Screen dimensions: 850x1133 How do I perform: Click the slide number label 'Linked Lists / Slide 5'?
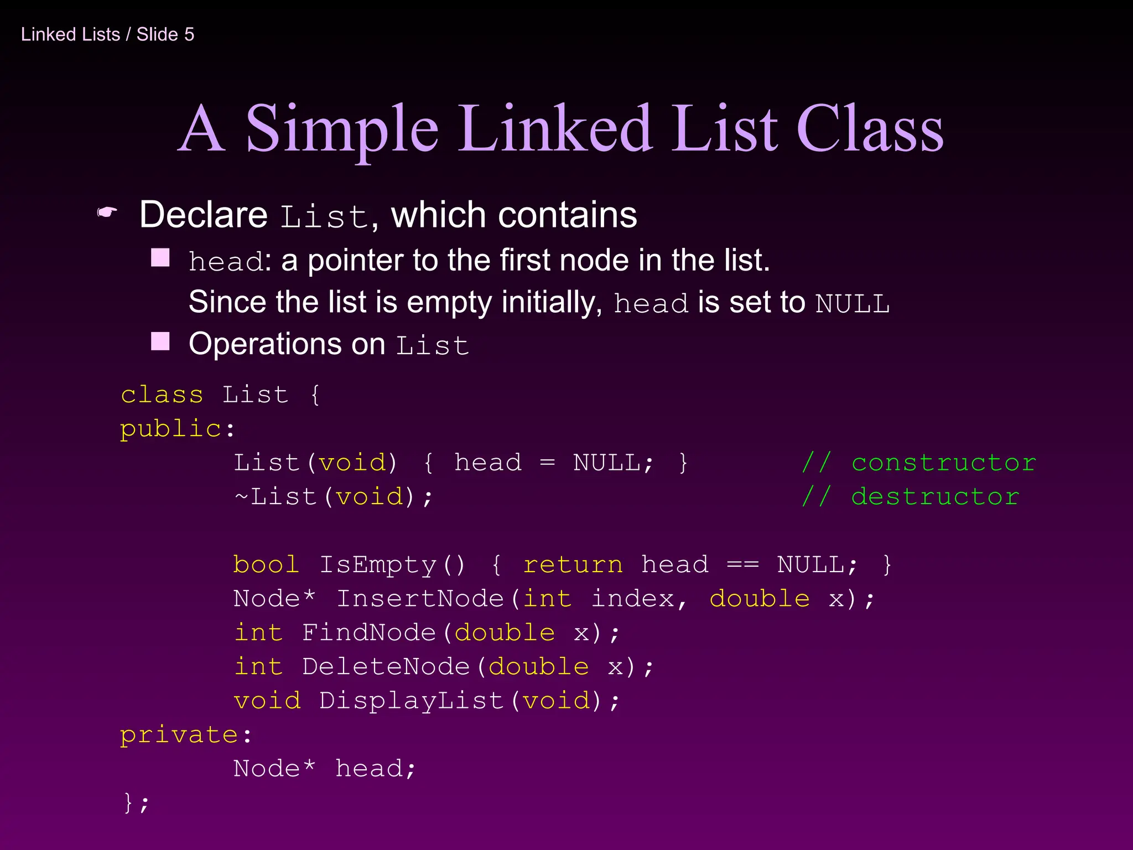(107, 34)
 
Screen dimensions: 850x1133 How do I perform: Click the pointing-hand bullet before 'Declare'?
(107, 212)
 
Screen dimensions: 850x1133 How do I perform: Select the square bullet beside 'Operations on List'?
(160, 341)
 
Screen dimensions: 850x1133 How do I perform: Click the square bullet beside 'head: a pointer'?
(160, 257)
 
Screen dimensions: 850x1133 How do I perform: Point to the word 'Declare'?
(204, 215)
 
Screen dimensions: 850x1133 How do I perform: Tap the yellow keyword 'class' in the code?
(162, 395)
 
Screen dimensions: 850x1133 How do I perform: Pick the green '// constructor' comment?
(918, 463)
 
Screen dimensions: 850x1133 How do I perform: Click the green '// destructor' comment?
(910, 497)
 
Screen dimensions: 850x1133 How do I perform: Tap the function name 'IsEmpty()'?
(392, 565)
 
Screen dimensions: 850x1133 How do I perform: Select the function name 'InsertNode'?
(420, 599)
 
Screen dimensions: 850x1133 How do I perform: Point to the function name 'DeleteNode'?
(386, 667)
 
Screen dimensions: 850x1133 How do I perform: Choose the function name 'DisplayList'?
(411, 701)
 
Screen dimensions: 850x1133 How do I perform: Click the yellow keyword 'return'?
(573, 565)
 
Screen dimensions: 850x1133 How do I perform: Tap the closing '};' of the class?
(136, 802)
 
